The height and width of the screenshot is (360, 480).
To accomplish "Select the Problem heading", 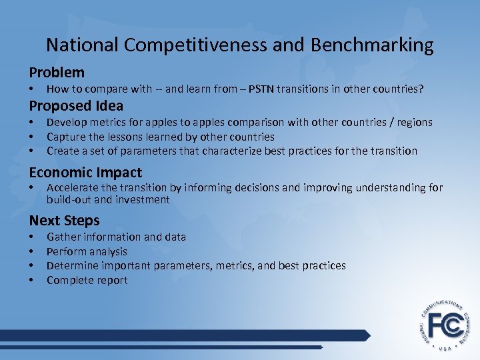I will pyautogui.click(x=57, y=72).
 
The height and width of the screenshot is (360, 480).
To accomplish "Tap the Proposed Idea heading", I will pyautogui.click(x=76, y=105).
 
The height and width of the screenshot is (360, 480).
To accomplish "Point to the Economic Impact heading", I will pyautogui.click(x=85, y=172).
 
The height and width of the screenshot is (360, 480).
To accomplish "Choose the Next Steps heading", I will pyautogui.click(x=64, y=221).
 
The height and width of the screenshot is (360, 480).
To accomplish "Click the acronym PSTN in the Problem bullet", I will pyautogui.click(x=263, y=89).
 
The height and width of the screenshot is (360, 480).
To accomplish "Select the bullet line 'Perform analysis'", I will pyautogui.click(x=87, y=251).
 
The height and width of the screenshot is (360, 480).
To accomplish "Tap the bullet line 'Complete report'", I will pyautogui.click(x=87, y=280).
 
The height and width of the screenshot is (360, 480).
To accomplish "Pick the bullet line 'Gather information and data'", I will pyautogui.click(x=116, y=237).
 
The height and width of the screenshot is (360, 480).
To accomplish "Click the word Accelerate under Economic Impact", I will pyautogui.click(x=72, y=187).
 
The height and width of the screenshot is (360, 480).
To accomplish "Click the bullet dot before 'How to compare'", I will pyautogui.click(x=31, y=89).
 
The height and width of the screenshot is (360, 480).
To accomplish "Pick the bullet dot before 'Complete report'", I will pyautogui.click(x=31, y=280).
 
